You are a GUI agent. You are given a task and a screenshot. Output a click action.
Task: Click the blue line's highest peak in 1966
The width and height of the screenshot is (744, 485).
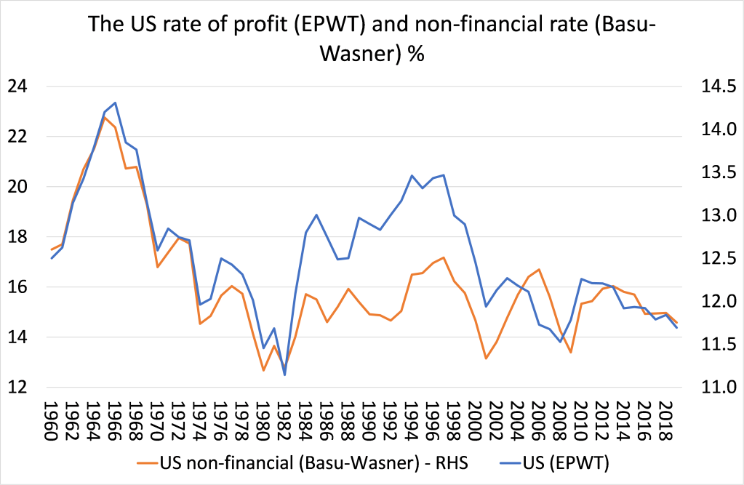[x=115, y=103]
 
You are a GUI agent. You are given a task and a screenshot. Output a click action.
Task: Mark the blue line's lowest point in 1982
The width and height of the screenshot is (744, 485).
[x=284, y=375]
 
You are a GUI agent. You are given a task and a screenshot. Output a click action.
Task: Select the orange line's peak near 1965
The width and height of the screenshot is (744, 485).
[x=105, y=116]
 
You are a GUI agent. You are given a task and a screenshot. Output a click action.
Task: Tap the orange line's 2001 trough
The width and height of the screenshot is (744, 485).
[x=486, y=358]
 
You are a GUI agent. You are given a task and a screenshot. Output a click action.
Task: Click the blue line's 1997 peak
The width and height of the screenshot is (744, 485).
[x=444, y=175]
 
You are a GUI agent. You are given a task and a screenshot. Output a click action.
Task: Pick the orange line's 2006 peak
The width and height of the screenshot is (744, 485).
[x=539, y=269]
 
